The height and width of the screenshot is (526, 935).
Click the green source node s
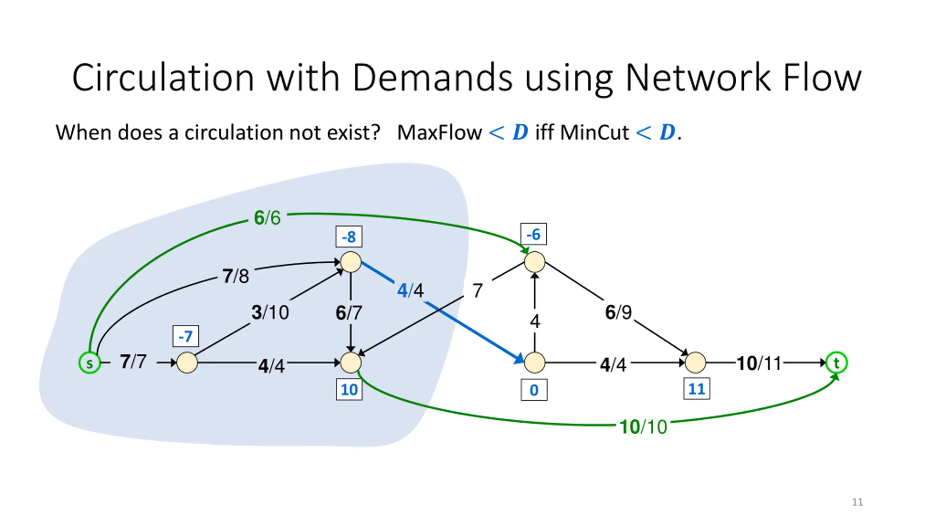pyautogui.click(x=89, y=363)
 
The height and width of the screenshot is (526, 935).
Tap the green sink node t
pyautogui.click(x=836, y=363)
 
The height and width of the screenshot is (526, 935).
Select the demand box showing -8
pyautogui.click(x=349, y=237)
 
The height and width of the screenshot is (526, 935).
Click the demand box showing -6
pyautogui.click(x=533, y=234)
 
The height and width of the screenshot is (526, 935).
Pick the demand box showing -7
pyautogui.click(x=186, y=336)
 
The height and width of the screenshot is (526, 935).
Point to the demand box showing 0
pyautogui.click(x=534, y=390)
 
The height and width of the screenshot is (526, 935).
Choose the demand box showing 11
pyautogui.click(x=697, y=389)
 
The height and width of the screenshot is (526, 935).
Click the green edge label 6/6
pyautogui.click(x=267, y=218)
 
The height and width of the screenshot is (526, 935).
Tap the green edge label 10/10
pyautogui.click(x=644, y=427)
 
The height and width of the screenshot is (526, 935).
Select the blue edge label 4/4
pyautogui.click(x=411, y=290)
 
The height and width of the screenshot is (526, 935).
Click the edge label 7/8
pyautogui.click(x=236, y=276)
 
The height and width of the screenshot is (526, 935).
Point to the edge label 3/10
pyautogui.click(x=270, y=313)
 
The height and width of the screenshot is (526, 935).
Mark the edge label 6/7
pyautogui.click(x=349, y=313)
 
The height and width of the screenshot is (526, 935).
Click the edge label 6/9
pyautogui.click(x=618, y=312)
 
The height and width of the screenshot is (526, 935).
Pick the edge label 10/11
pyautogui.click(x=759, y=363)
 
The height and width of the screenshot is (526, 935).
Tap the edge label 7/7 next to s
pyautogui.click(x=133, y=362)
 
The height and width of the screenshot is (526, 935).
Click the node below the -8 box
pyautogui.click(x=351, y=262)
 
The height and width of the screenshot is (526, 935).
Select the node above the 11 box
pyautogui.click(x=695, y=362)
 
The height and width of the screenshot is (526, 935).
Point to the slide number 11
pyautogui.click(x=857, y=502)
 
